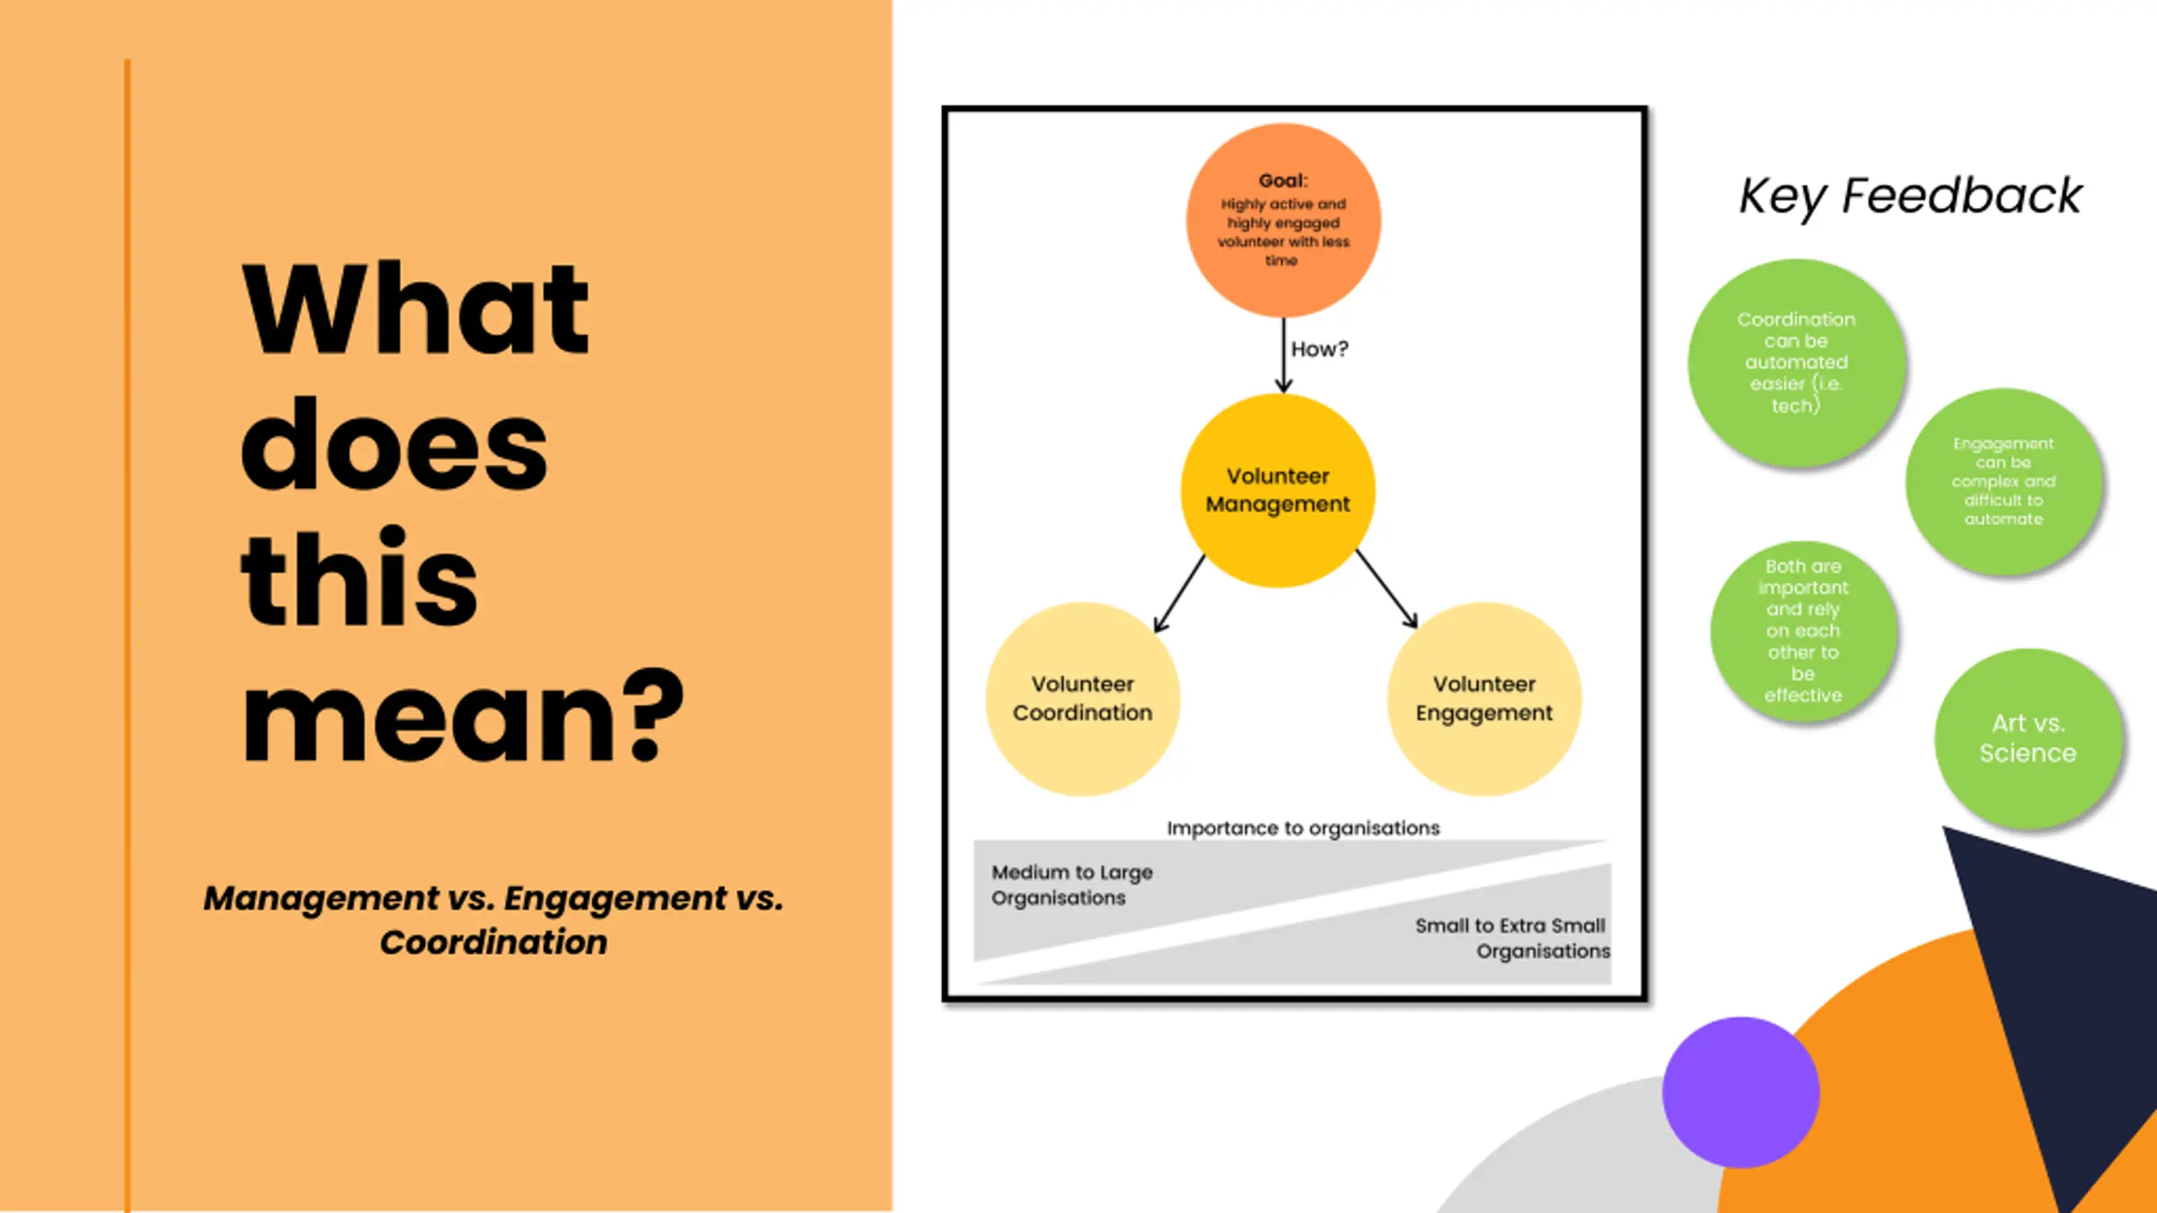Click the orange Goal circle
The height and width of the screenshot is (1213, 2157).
(x=1282, y=220)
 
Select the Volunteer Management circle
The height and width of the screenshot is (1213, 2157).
(x=1277, y=490)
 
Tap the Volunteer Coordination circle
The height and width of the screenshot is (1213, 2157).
(x=1082, y=698)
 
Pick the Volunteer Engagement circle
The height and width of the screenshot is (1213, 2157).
(x=1484, y=698)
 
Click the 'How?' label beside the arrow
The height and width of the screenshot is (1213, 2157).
(x=1319, y=349)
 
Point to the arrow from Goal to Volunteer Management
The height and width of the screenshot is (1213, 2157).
(x=1283, y=355)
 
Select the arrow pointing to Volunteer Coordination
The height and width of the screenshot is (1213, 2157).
(x=1179, y=594)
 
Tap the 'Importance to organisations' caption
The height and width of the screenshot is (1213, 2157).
(x=1303, y=828)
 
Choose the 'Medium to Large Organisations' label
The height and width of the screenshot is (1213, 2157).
(x=1072, y=884)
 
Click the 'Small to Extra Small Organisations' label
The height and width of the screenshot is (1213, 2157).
(x=1512, y=938)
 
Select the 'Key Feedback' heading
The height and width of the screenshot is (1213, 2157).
(x=1910, y=196)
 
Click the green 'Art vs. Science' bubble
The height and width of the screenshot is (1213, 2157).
(x=2027, y=739)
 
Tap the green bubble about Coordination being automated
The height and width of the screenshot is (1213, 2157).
(x=1796, y=362)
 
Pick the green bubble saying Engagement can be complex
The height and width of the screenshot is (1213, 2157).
(x=2003, y=481)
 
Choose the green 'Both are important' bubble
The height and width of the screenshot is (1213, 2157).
(x=1803, y=630)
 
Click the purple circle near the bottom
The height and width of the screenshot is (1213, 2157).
(x=1741, y=1093)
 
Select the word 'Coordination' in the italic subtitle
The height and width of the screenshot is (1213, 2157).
(x=493, y=943)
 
